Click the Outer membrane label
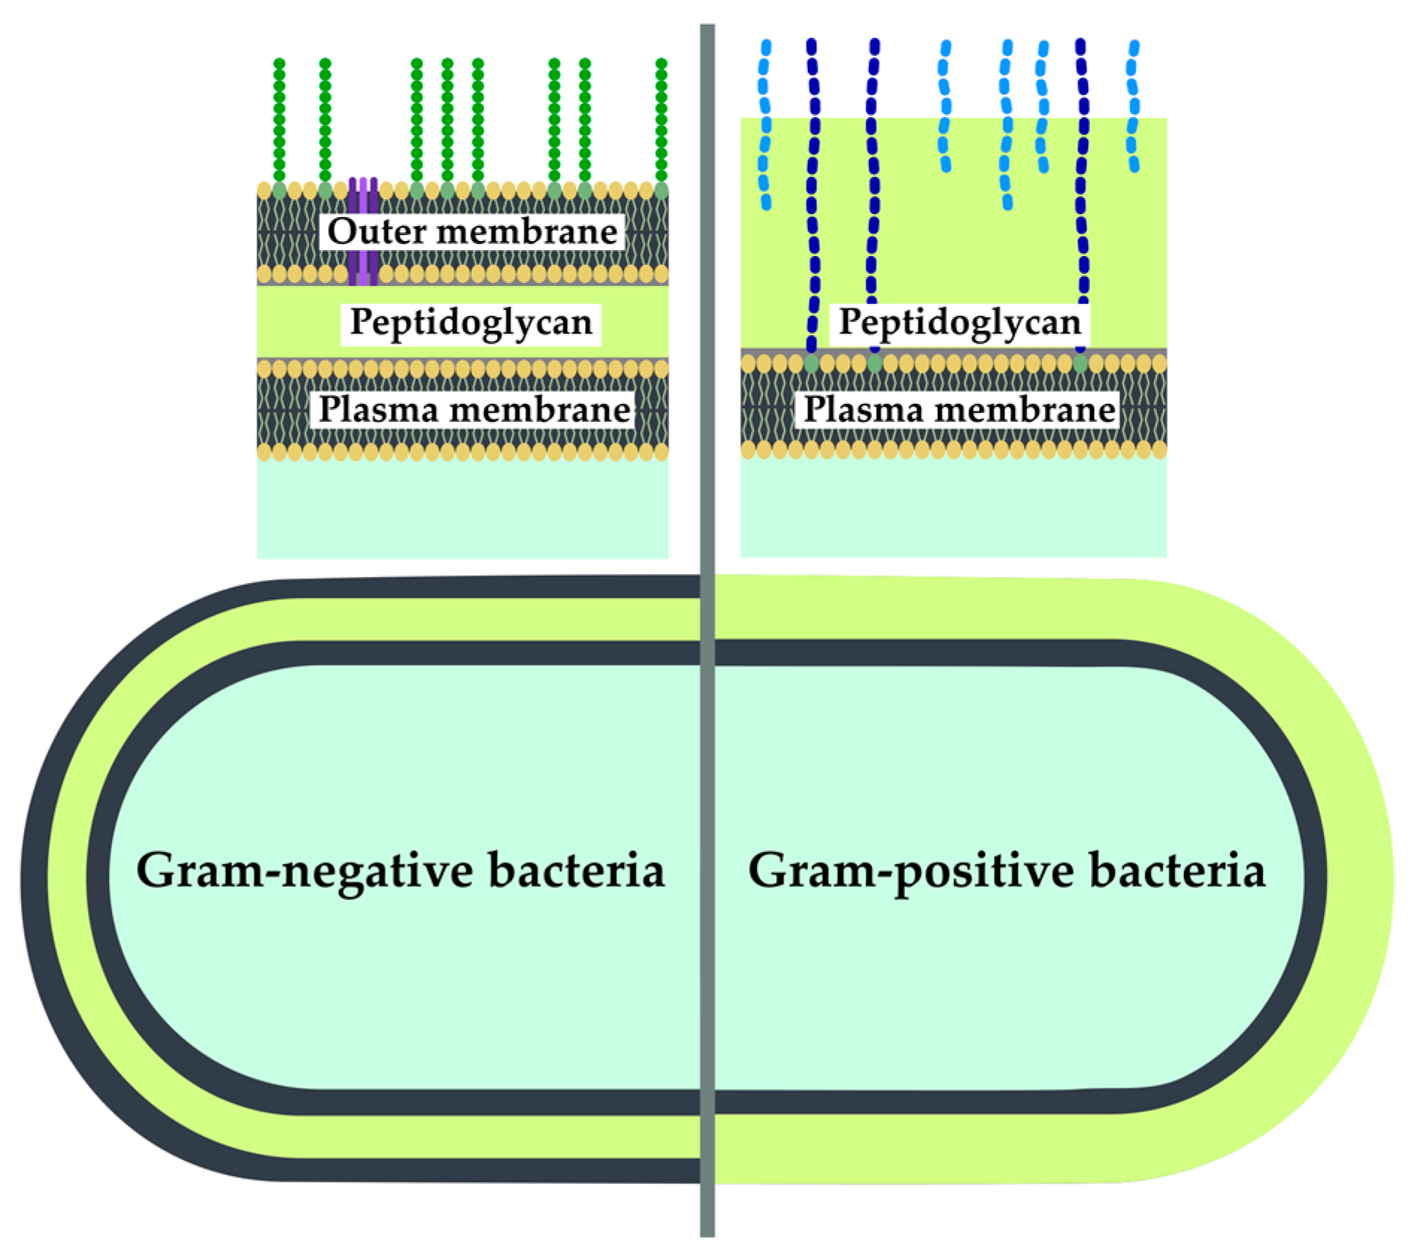[472, 231]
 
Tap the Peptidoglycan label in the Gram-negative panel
[471, 322]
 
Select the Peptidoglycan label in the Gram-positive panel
[959, 322]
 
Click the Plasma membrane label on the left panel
[474, 410]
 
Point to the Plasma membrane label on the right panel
[959, 410]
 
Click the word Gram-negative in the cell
[304, 870]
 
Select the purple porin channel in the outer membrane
[363, 231]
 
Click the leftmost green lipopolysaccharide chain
[279, 119]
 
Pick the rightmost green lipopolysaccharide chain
[661, 119]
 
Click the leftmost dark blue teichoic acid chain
[813, 194]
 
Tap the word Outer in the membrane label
[376, 231]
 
